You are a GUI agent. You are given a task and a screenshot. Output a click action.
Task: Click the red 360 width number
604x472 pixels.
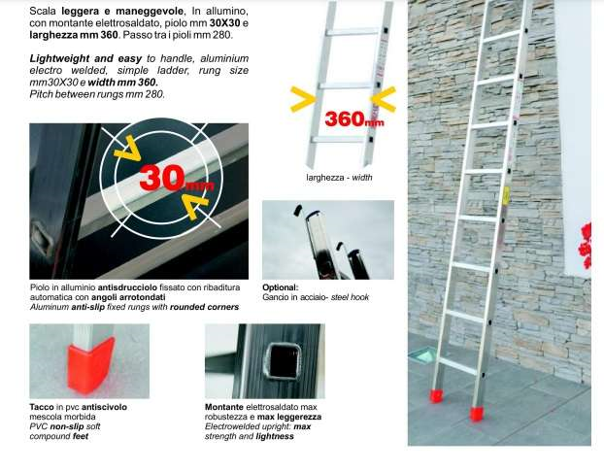pyautogui.click(x=345, y=118)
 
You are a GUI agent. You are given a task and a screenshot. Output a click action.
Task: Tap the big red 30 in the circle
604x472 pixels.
pyautogui.click(x=161, y=177)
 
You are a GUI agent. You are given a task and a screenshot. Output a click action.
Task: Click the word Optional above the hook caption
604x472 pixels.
pyautogui.click(x=280, y=287)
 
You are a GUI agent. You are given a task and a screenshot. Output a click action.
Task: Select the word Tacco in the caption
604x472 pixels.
pyautogui.click(x=42, y=407)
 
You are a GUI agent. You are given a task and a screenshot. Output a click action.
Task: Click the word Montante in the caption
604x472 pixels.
pyautogui.click(x=223, y=407)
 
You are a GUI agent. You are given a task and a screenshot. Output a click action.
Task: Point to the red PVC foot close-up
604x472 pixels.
pyautogui.click(x=91, y=365)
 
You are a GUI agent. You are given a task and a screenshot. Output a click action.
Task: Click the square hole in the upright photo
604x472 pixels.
pyautogui.click(x=284, y=361)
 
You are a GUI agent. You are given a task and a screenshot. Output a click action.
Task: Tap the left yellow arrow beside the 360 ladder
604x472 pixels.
pyautogui.click(x=303, y=99)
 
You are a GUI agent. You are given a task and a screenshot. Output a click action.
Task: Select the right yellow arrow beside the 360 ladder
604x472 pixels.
pyautogui.click(x=384, y=99)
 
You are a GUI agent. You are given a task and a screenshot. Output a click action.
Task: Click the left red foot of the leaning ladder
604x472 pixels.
pyautogui.click(x=436, y=395)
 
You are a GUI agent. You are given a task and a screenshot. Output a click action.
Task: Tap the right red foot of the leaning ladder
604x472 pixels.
pyautogui.click(x=477, y=414)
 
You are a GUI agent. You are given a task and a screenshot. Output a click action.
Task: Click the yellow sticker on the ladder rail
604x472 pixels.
pyautogui.click(x=506, y=196)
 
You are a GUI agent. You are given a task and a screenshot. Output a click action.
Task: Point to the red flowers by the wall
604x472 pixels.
pyautogui.click(x=586, y=246)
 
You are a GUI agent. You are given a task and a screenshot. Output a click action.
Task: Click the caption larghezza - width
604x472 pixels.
pyautogui.click(x=339, y=178)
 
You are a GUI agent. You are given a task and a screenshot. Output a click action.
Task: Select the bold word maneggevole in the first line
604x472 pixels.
pyautogui.click(x=150, y=12)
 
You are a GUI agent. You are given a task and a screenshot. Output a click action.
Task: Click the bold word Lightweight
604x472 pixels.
pyautogui.click(x=59, y=58)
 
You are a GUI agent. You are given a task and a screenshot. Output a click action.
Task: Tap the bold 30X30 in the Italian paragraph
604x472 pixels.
pyautogui.click(x=225, y=23)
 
